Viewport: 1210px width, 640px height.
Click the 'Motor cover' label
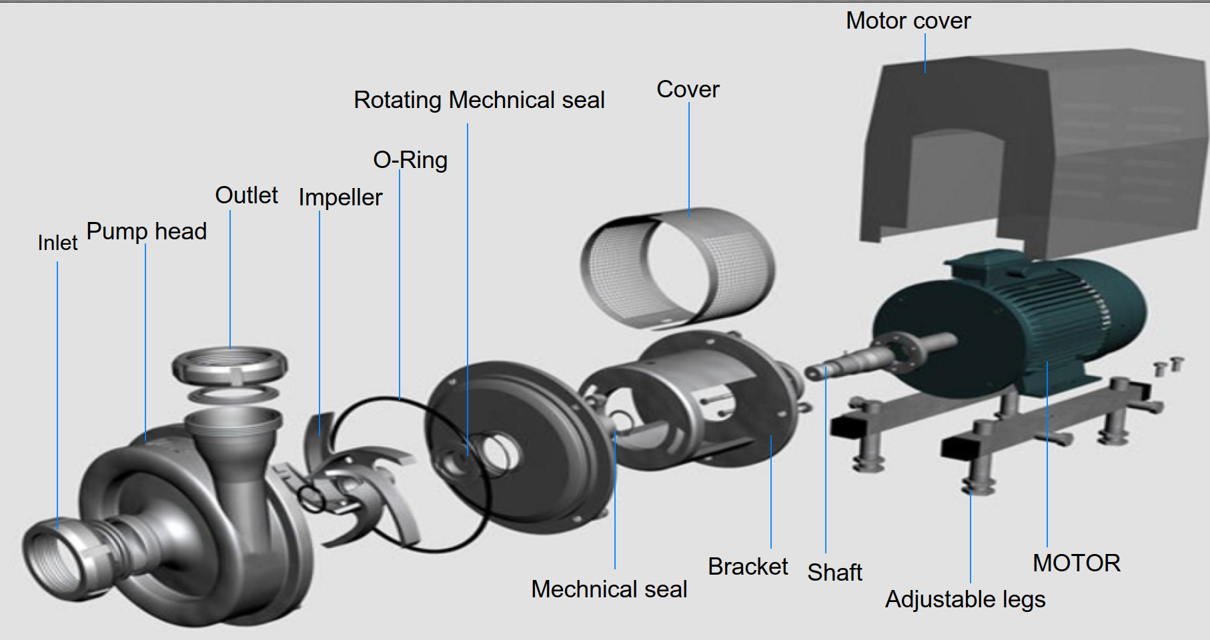tap(908, 21)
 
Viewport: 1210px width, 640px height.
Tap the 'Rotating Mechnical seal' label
tap(479, 100)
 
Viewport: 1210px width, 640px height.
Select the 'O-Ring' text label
tap(410, 160)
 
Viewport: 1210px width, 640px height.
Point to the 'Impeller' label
tap(340, 197)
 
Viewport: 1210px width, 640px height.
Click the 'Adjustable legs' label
tap(965, 599)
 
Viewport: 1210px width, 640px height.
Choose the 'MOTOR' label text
tap(1076, 563)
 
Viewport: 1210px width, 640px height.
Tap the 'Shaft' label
tap(834, 572)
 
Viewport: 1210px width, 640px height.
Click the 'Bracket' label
tap(747, 566)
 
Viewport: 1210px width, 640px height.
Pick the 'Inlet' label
tap(57, 243)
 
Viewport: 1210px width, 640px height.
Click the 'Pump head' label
tap(147, 231)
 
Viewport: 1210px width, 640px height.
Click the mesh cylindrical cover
tap(677, 267)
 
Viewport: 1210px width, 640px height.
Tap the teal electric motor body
tap(1067, 320)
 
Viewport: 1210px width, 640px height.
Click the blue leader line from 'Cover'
tap(689, 160)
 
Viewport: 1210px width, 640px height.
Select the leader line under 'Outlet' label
tap(230, 280)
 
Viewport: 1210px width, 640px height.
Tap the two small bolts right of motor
tap(1167, 365)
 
